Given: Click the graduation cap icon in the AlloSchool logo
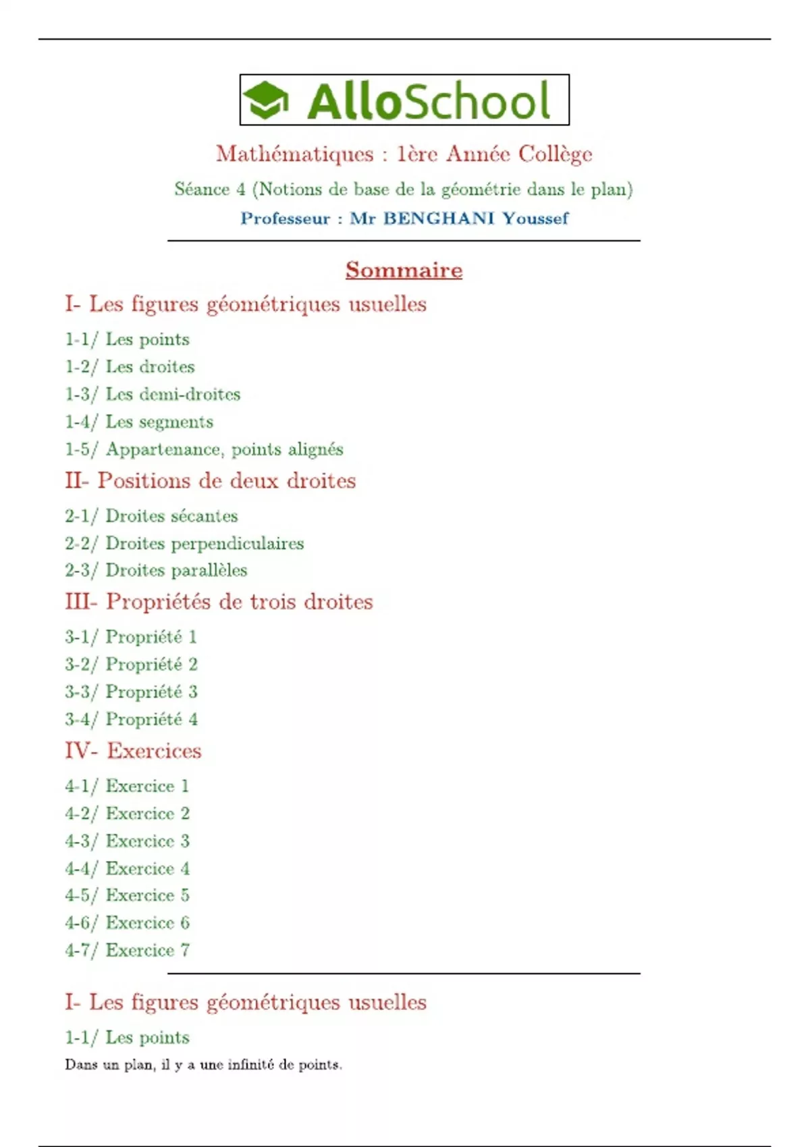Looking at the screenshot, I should click(x=265, y=100).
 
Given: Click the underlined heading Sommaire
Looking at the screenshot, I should click(x=404, y=270).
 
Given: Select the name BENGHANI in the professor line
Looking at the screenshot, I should click(x=439, y=219).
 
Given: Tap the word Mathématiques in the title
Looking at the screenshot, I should click(x=294, y=154).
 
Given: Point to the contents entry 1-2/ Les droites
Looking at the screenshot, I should click(x=130, y=367).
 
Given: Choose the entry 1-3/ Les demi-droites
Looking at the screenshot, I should click(x=153, y=394).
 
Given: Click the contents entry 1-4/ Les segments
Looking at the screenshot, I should click(x=139, y=422).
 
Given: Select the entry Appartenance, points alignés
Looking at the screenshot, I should click(x=224, y=449).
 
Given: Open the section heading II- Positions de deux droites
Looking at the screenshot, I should click(x=210, y=481).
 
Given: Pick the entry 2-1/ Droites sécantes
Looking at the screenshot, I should click(x=151, y=516).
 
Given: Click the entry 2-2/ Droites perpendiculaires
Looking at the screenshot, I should click(x=184, y=543).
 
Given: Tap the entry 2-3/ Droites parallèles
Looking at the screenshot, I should click(x=156, y=570).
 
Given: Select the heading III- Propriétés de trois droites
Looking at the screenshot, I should click(x=219, y=602).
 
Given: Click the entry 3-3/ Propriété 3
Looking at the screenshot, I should click(x=131, y=692).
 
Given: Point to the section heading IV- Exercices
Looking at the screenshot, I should click(x=133, y=751).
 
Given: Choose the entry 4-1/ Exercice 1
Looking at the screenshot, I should click(x=127, y=786).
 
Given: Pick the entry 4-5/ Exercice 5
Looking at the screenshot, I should click(x=127, y=895).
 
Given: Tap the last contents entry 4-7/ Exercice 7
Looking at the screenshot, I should click(x=127, y=950).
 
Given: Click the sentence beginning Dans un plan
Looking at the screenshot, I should click(x=203, y=1065).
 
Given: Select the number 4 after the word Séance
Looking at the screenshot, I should click(x=241, y=190).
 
